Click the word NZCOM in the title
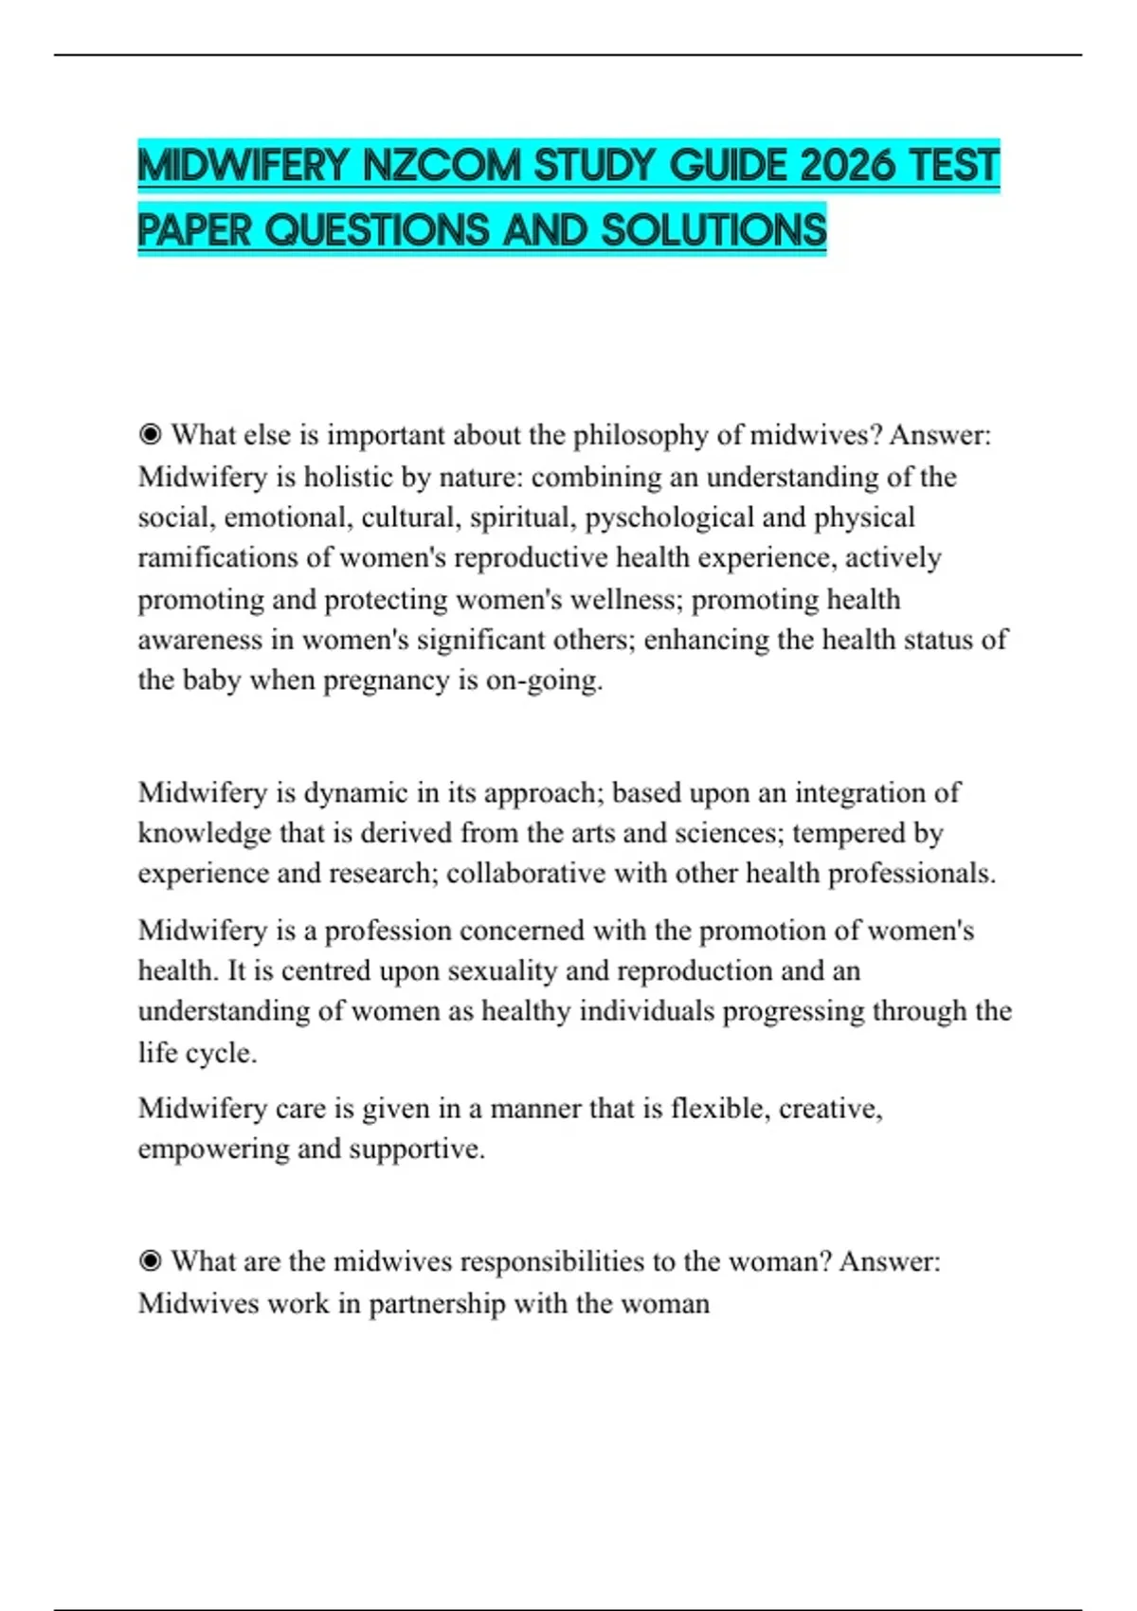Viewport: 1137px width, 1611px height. (442, 167)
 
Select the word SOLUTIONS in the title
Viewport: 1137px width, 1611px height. (713, 230)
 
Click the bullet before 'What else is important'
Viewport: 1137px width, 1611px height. (150, 435)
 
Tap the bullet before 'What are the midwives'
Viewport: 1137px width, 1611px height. (150, 1261)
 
